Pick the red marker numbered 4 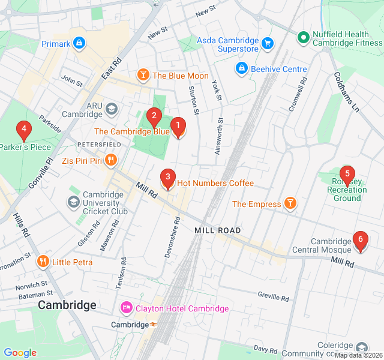23,129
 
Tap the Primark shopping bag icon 79,44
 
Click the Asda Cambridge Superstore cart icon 268,43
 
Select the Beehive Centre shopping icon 241,69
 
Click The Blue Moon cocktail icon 143,75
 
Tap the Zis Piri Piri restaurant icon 110,160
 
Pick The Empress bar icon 290,204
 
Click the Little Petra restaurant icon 43,262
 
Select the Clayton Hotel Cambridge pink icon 127,308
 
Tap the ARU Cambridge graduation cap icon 111,109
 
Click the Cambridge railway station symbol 154,325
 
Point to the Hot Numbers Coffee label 215,183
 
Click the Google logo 20,353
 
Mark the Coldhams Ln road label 346,92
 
